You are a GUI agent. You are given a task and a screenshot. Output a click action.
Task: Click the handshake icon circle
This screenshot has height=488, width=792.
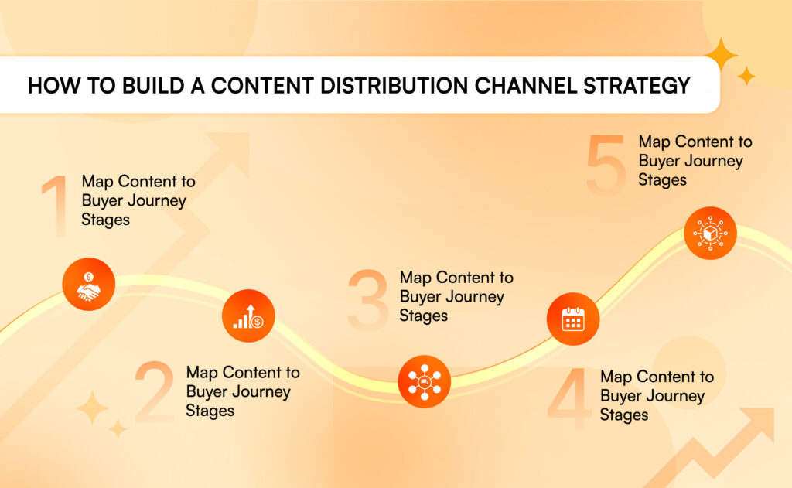tap(89, 284)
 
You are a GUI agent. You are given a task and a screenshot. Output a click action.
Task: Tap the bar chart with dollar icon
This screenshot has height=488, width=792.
tap(248, 316)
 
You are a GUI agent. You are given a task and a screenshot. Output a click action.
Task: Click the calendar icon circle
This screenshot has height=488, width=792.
tap(573, 319)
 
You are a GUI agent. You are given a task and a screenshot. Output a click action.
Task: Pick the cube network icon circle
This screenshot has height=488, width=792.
tap(710, 233)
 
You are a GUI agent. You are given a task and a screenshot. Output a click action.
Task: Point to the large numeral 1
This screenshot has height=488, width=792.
tap(56, 206)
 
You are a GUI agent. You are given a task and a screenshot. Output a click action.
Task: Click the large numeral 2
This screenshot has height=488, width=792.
tap(155, 391)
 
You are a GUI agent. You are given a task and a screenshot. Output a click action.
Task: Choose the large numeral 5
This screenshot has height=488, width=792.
tap(606, 165)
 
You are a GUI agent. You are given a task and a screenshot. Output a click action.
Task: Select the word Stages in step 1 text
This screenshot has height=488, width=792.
tap(105, 220)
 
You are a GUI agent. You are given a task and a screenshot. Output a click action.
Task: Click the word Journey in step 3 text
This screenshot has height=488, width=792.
tap(476, 296)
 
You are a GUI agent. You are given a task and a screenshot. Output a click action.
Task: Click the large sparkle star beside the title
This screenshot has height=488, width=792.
tap(721, 54)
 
